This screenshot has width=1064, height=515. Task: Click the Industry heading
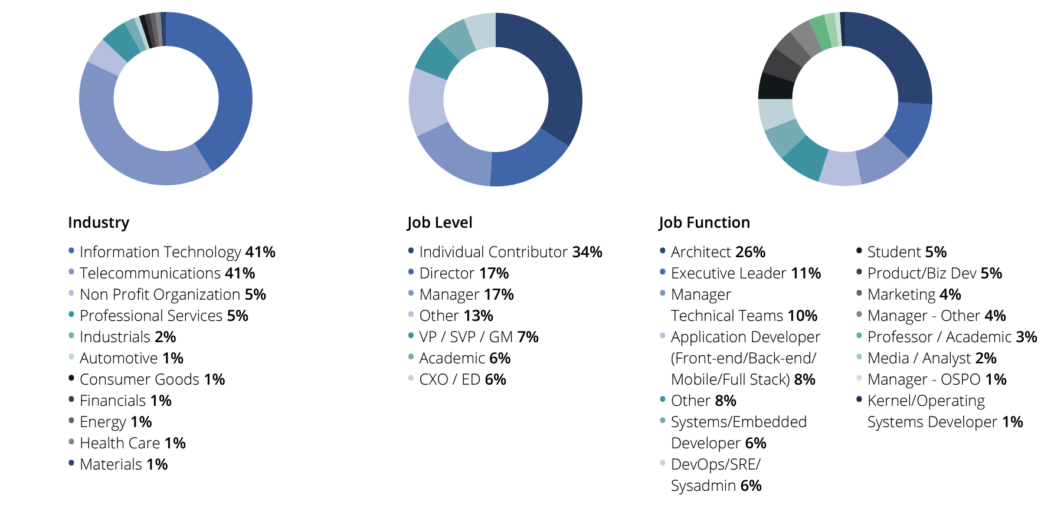[x=99, y=222]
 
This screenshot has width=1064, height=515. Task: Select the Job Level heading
[x=440, y=222]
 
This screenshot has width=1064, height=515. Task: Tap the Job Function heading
[x=704, y=222]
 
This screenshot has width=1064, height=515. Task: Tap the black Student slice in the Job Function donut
[x=775, y=86]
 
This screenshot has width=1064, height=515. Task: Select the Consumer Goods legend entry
[x=152, y=379]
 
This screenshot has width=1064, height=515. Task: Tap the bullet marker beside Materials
[x=71, y=463]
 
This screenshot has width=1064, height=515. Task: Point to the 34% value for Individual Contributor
[x=587, y=252]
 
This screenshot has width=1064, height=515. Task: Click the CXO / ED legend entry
[x=463, y=379]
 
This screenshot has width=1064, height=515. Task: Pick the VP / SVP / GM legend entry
[x=479, y=337]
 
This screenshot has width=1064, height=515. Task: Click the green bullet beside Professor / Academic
[x=859, y=336]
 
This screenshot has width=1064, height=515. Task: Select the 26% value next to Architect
[x=750, y=252]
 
